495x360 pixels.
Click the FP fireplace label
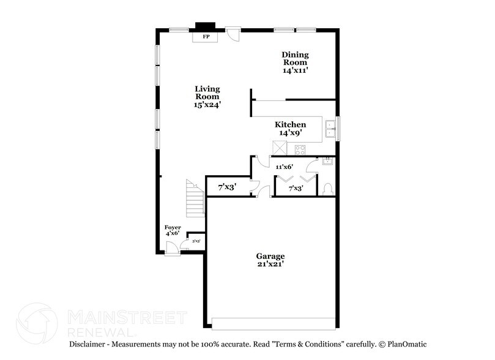205,37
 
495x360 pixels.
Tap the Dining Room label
295,62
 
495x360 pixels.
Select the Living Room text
207,96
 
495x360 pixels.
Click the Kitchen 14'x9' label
290,129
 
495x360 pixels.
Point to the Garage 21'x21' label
270,260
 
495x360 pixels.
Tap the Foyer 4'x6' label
173,230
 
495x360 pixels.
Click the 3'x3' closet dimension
196,241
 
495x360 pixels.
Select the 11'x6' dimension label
285,167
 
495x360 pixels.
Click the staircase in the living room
195,198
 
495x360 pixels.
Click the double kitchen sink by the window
330,128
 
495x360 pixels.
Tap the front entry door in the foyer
173,247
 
